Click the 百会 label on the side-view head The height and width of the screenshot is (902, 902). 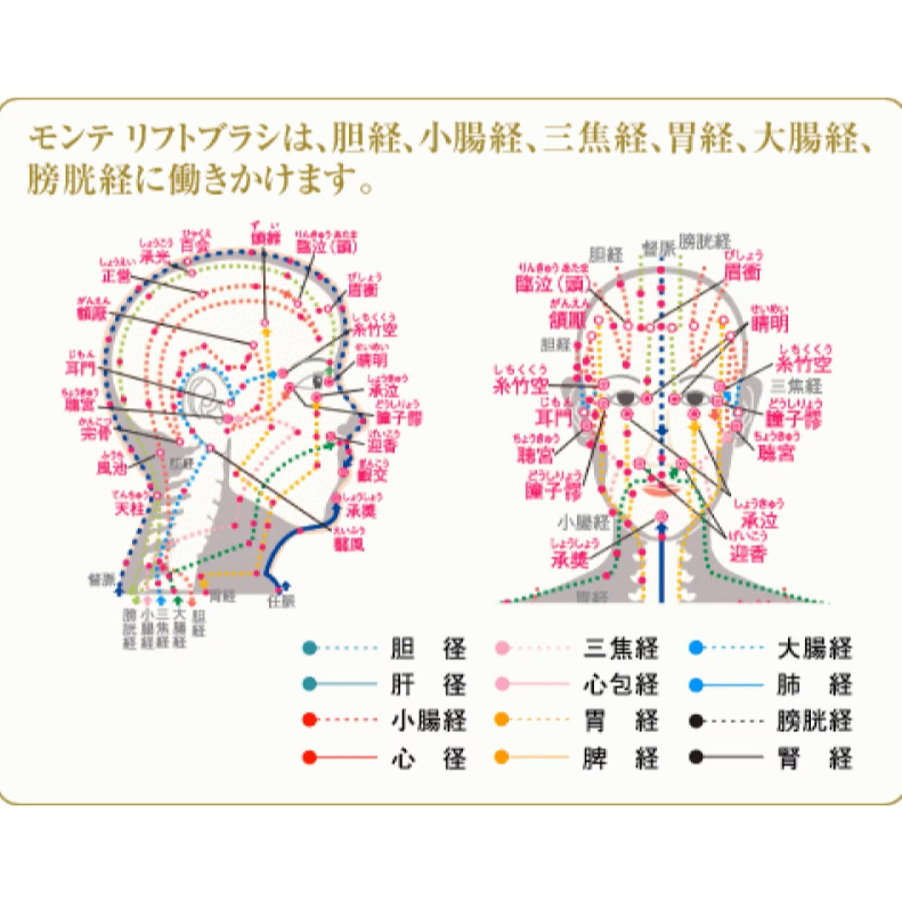tap(195, 245)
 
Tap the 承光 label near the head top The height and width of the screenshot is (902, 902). tap(156, 255)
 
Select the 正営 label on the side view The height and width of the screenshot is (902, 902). tap(116, 276)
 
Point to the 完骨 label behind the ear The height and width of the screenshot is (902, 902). tap(96, 432)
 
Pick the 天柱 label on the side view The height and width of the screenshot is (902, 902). tap(130, 507)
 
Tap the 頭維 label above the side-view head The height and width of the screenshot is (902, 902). tap(266, 237)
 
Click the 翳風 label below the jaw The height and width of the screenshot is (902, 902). tap(349, 543)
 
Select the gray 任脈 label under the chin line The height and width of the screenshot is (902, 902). tap(281, 602)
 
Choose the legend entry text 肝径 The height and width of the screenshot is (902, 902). tap(428, 684)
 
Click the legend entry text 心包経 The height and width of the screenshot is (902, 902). tap(621, 684)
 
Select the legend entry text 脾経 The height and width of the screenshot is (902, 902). tap(621, 758)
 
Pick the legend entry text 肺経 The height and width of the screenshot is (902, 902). tap(815, 684)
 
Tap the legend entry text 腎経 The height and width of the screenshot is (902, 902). tap(815, 758)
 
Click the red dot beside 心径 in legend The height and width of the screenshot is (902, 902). tap(309, 758)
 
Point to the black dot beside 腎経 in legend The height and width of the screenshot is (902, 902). tap(696, 758)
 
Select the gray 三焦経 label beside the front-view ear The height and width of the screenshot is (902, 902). tap(796, 385)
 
